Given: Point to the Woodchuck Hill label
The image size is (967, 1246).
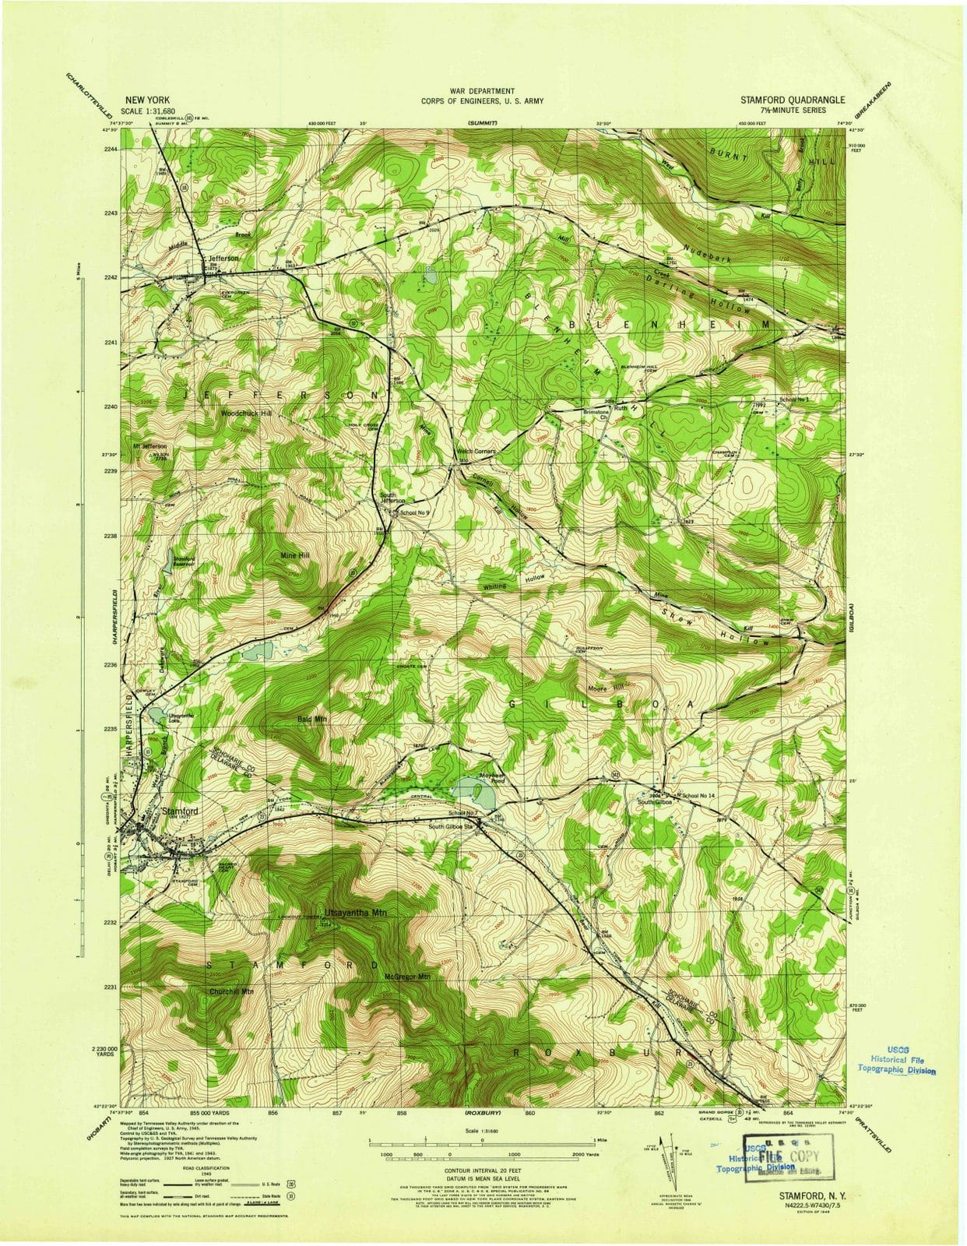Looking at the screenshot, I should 246,413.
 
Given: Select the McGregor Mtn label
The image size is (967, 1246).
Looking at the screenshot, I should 407,976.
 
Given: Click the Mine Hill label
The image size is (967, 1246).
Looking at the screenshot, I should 294,555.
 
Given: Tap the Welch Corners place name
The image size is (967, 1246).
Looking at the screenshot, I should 476,452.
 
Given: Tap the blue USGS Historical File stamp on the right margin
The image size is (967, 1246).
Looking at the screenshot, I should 895,1060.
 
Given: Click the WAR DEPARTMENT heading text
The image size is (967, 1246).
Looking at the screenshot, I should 482,91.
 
